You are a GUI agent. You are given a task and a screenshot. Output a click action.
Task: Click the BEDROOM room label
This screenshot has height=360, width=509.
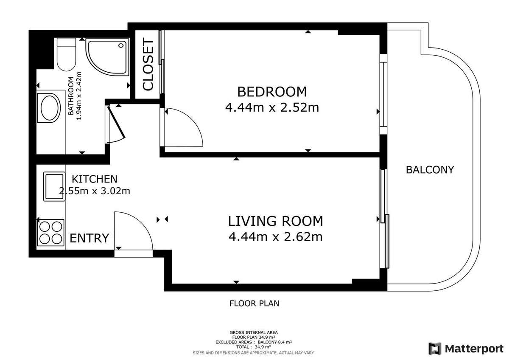[x=272, y=92]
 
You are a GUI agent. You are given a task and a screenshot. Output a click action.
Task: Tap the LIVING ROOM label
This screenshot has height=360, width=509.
[x=275, y=221]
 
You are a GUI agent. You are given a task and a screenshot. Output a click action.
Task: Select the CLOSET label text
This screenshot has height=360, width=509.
[x=148, y=65]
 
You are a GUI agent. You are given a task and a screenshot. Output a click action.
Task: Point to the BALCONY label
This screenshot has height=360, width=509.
[x=430, y=170]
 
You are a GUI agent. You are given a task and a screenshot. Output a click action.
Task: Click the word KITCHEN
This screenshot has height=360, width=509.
[x=95, y=179]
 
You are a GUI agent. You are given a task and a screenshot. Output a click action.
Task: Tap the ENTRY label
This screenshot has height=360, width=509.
[x=89, y=238]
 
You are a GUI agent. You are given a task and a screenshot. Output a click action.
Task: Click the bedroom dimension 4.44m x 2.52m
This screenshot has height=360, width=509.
[x=272, y=107]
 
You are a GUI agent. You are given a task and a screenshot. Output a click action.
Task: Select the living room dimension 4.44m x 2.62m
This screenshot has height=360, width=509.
[x=275, y=237]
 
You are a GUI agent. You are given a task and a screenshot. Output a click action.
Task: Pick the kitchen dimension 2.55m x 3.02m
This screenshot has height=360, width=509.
[x=95, y=191]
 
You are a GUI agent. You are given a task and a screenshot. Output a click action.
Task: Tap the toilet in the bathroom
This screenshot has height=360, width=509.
[x=66, y=54]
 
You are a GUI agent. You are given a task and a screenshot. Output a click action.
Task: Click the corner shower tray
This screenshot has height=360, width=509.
[x=107, y=57]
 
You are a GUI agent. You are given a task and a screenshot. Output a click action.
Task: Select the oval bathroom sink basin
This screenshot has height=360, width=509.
[x=50, y=108]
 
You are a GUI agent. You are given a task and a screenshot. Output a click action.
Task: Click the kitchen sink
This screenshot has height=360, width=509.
[x=54, y=186]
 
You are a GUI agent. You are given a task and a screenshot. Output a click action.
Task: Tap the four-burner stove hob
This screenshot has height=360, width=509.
[x=50, y=233]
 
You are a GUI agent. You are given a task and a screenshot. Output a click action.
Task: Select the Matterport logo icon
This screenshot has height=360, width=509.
[x=435, y=349]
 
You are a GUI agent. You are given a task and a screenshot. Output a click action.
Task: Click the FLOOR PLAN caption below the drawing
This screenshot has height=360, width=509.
[x=254, y=304]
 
